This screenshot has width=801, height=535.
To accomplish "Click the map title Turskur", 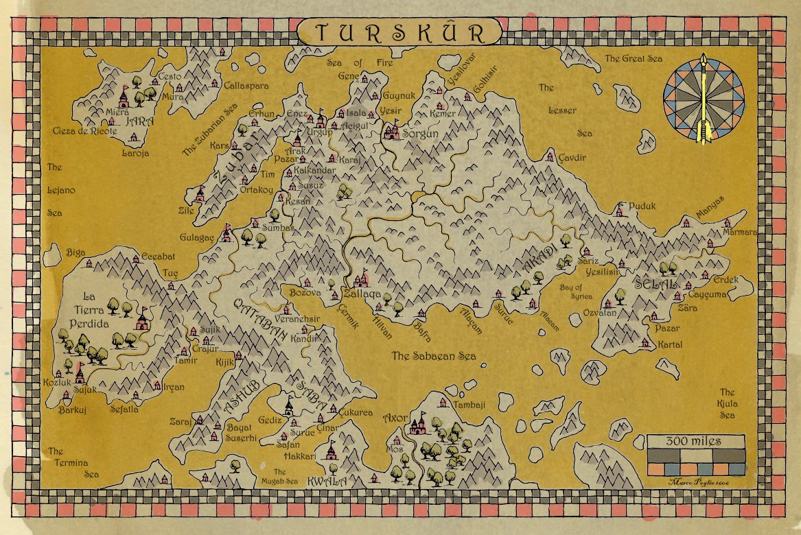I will (x=399, y=33).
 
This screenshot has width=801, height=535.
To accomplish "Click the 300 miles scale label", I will (x=695, y=440).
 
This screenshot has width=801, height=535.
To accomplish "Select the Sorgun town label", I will (x=419, y=133).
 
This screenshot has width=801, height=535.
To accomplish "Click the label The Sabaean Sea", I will (x=434, y=356).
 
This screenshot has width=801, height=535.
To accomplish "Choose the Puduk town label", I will (x=642, y=206).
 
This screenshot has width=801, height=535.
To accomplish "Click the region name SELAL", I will (x=656, y=283).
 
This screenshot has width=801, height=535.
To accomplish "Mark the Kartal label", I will (x=669, y=344).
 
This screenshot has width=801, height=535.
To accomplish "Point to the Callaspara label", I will (x=246, y=86).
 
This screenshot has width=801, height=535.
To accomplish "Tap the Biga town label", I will (x=76, y=252).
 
